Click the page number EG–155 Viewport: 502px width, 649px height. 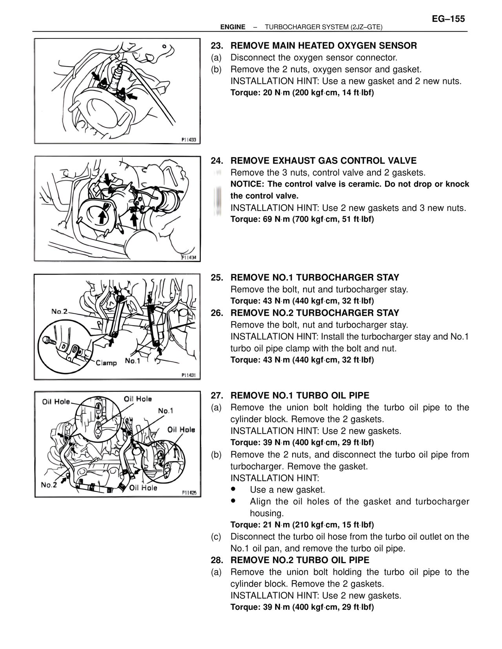coord(448,19)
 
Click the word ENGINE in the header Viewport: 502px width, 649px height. coord(233,27)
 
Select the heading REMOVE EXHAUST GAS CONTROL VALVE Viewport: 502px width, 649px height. coord(324,161)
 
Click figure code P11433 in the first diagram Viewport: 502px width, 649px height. coord(189,140)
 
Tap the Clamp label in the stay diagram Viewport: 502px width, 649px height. coord(106,363)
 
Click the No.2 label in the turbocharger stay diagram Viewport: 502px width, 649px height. coord(59,312)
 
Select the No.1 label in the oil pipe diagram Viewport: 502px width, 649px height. coord(166,410)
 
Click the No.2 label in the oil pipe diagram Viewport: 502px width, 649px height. coord(49,485)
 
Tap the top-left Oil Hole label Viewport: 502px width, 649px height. coord(56,402)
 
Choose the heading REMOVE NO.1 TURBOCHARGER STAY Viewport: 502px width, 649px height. coord(315,278)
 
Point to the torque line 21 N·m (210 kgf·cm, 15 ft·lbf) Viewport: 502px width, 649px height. coord(302,525)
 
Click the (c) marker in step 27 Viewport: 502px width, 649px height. coord(216,537)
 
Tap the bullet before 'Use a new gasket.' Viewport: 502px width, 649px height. coord(234,489)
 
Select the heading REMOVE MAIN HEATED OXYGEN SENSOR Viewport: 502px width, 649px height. coord(324,46)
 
